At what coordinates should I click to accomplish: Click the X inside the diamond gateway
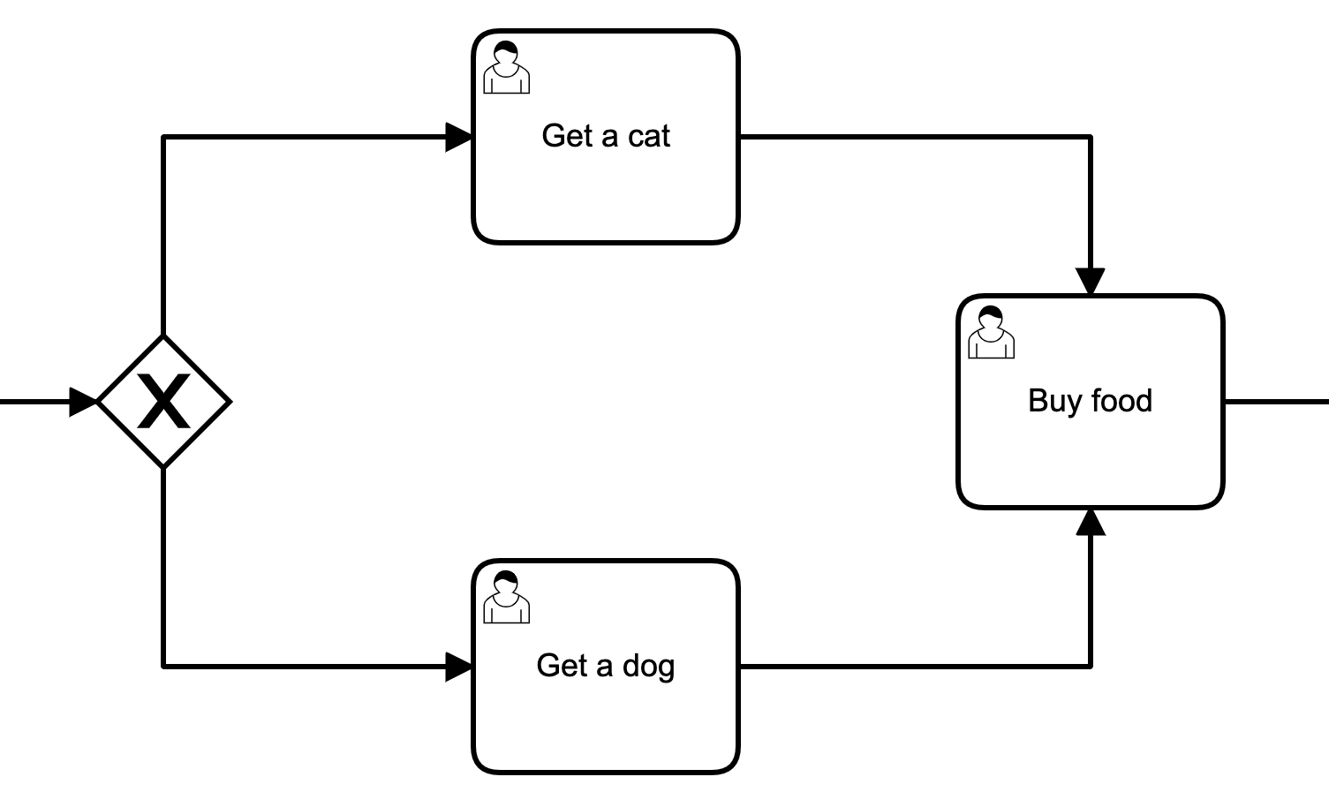[x=164, y=402]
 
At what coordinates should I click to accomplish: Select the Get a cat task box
[x=605, y=185]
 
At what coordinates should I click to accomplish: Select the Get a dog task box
[x=605, y=715]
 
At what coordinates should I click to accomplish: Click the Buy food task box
[x=1091, y=450]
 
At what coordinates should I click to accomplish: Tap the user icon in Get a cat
[x=507, y=68]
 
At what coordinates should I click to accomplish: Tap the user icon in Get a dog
[x=507, y=598]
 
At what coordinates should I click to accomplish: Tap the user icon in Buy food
[x=991, y=333]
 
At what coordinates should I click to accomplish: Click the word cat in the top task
[x=649, y=136]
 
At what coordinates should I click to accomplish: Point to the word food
[x=1121, y=401]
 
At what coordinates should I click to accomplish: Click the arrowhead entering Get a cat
[x=459, y=137]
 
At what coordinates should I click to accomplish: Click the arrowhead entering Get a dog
[x=459, y=667]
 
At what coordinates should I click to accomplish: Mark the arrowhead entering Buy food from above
[x=1091, y=282]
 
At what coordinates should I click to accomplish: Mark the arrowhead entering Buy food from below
[x=1091, y=523]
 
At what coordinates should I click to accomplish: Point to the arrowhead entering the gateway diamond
[x=83, y=402]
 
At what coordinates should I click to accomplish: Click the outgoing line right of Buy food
[x=1276, y=402]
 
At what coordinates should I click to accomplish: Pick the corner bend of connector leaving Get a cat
[x=1091, y=137]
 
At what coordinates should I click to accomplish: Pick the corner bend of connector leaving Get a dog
[x=1091, y=667]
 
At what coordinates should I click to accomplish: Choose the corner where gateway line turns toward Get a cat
[x=164, y=137]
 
